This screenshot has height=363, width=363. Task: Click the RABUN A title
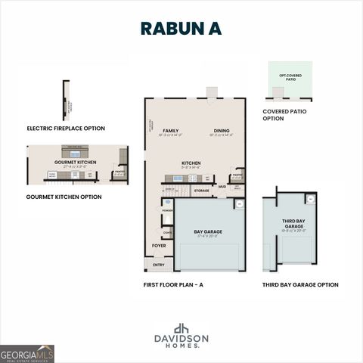(181, 28)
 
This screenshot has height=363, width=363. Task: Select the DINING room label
(221, 131)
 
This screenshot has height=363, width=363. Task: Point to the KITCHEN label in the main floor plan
(191, 163)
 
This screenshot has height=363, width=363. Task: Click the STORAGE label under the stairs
(201, 191)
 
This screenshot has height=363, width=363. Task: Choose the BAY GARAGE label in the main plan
(208, 231)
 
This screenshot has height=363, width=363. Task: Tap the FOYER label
(159, 246)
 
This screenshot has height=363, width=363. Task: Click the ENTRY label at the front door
(159, 265)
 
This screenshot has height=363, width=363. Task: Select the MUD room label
(222, 186)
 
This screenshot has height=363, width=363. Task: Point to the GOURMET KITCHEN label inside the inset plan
(75, 162)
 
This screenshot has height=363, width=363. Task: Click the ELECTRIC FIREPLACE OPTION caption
(66, 129)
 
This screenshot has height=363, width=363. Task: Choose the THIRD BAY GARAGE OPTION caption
(300, 285)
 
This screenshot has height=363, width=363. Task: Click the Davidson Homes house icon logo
(181, 328)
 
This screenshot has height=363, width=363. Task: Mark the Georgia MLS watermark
(27, 353)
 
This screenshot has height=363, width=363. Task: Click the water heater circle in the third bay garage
(309, 199)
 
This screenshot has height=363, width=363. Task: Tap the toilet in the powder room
(166, 203)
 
